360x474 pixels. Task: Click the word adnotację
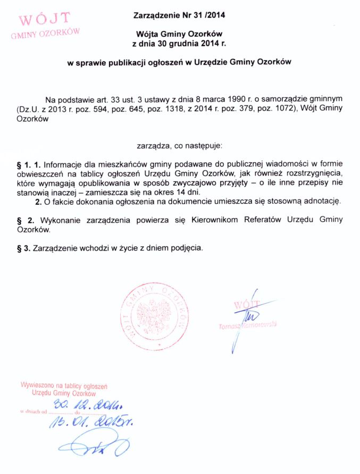(321, 202)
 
